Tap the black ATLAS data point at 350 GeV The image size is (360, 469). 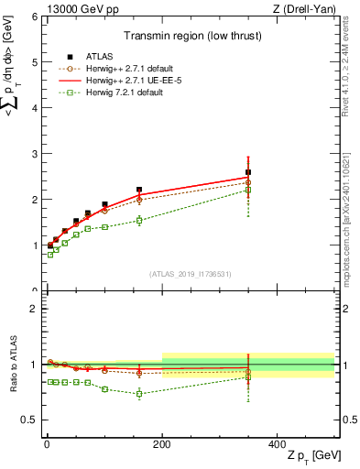[248, 172]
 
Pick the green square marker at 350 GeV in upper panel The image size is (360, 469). [248, 190]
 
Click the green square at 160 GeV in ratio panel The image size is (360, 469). [139, 394]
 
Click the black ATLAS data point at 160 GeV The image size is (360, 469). [139, 190]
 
